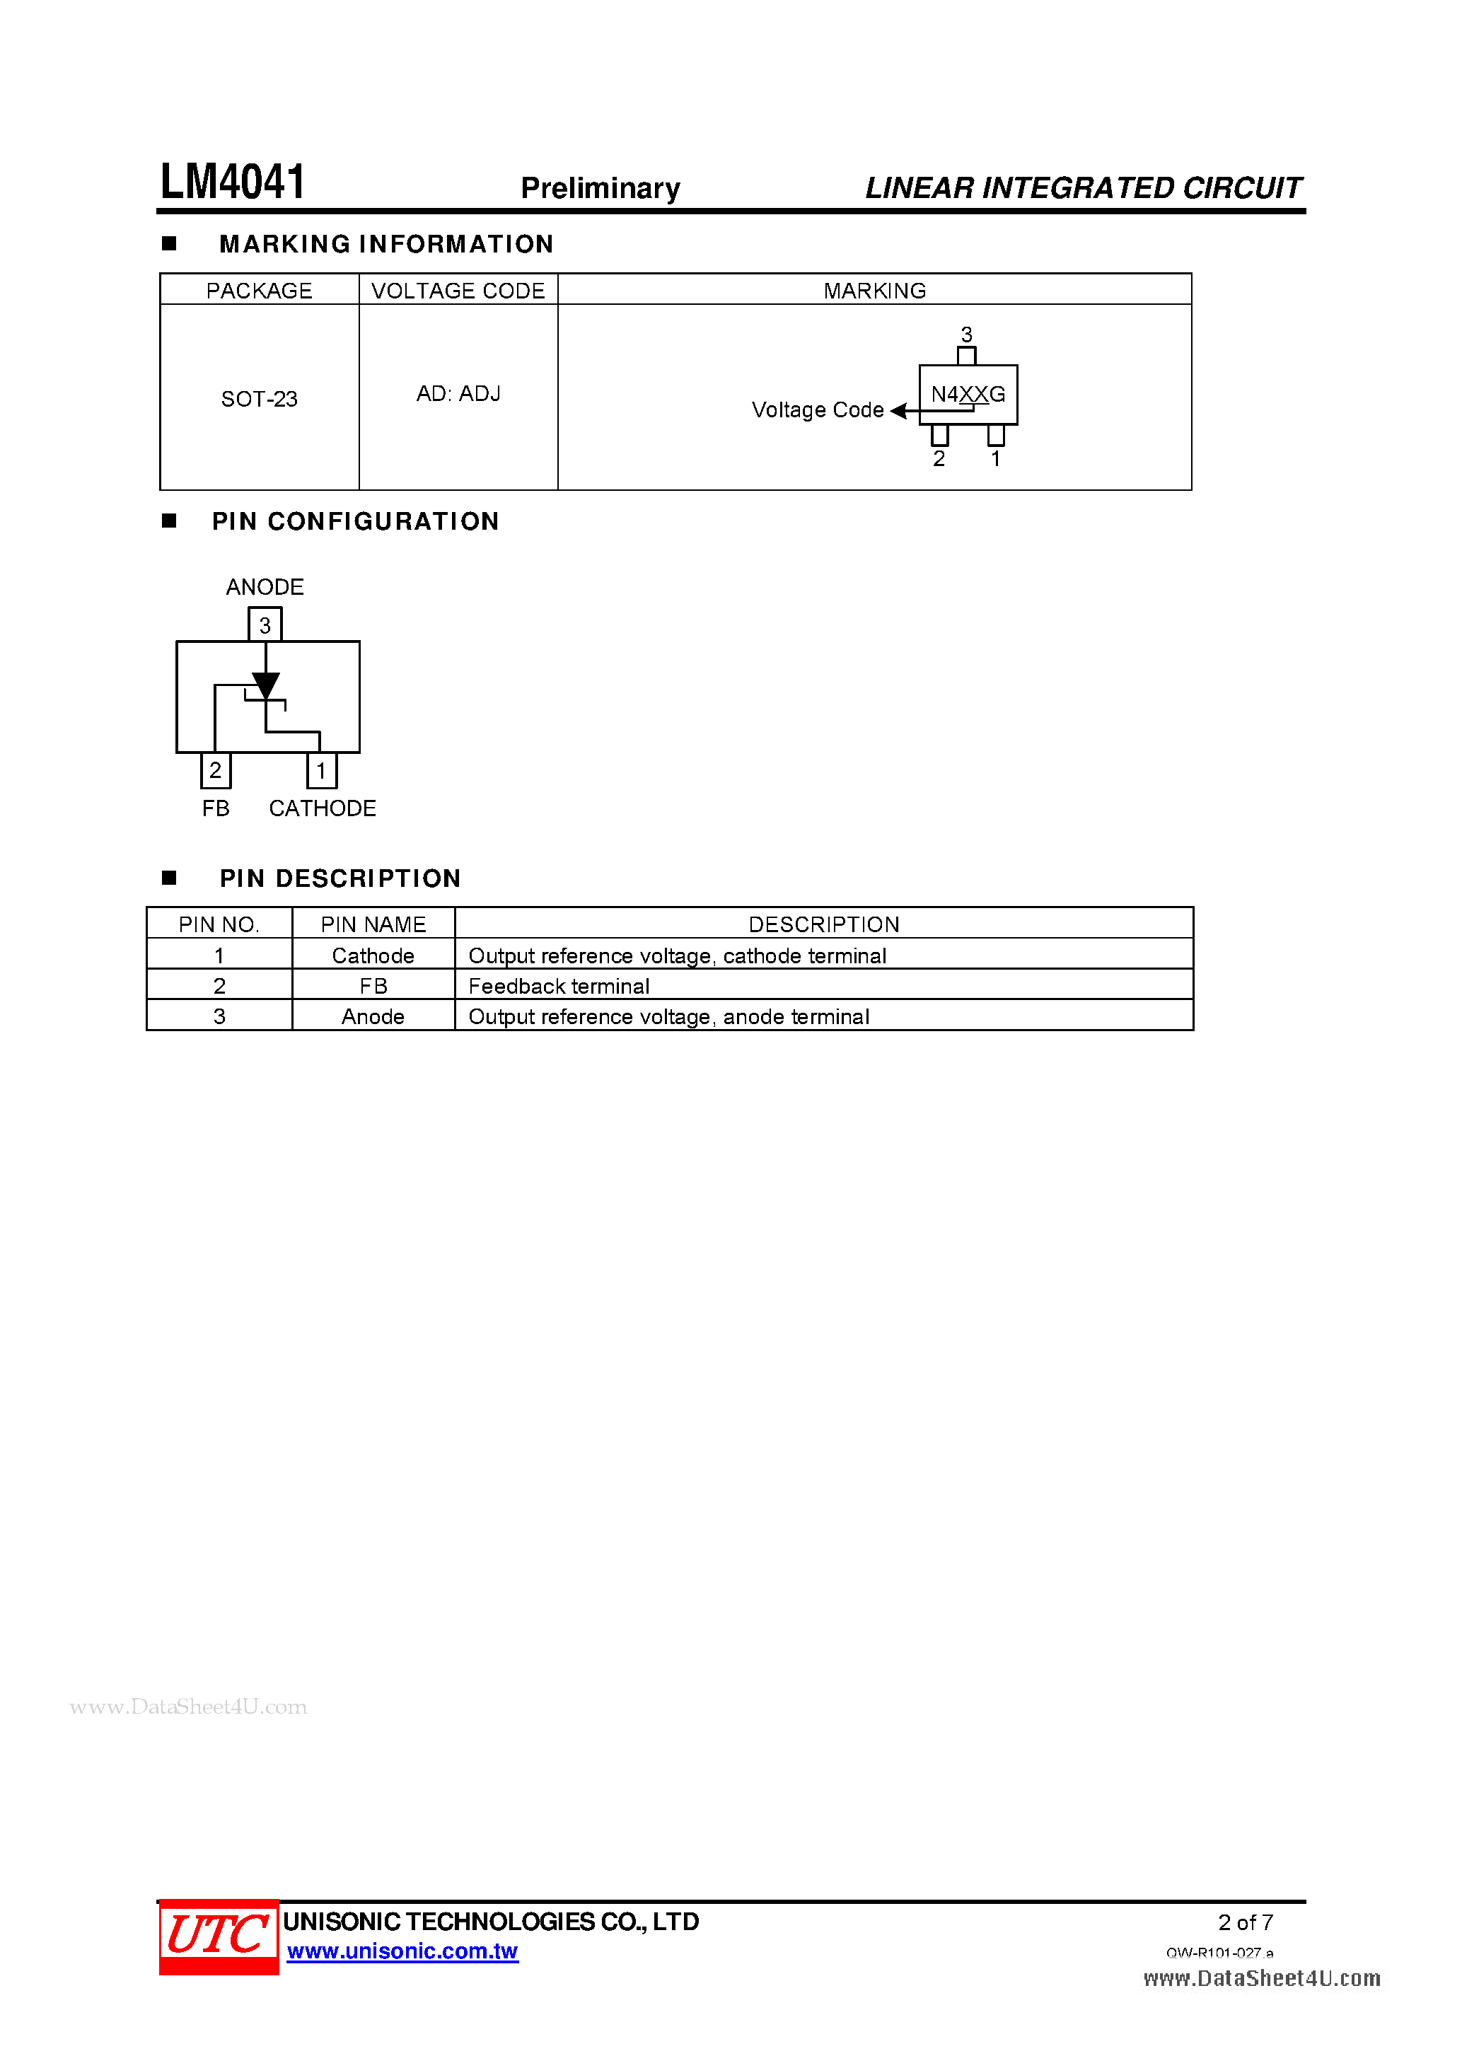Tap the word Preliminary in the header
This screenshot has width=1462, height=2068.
(x=600, y=188)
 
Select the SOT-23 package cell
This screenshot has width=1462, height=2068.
(x=260, y=399)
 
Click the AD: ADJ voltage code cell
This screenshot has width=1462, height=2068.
(x=458, y=394)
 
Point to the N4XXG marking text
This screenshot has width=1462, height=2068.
(x=968, y=394)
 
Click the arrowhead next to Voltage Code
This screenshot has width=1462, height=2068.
(x=898, y=411)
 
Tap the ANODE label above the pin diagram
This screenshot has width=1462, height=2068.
(x=265, y=587)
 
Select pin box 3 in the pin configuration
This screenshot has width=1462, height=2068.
(x=265, y=625)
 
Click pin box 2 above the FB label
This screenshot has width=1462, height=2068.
(x=215, y=770)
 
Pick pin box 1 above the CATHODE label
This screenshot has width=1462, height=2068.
(x=322, y=771)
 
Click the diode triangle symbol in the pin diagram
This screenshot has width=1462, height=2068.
(x=266, y=685)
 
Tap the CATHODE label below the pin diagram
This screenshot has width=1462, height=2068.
(x=323, y=809)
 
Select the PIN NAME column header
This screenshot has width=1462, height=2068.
(x=373, y=924)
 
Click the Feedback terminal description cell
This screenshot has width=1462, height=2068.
(x=559, y=987)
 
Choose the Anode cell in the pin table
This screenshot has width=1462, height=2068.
(x=373, y=1017)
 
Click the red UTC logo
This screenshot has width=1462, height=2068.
(x=218, y=1936)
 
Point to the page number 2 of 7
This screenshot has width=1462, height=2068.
(x=1245, y=1922)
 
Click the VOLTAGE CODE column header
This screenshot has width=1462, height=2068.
(x=458, y=291)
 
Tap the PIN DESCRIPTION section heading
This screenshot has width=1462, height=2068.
(x=340, y=878)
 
